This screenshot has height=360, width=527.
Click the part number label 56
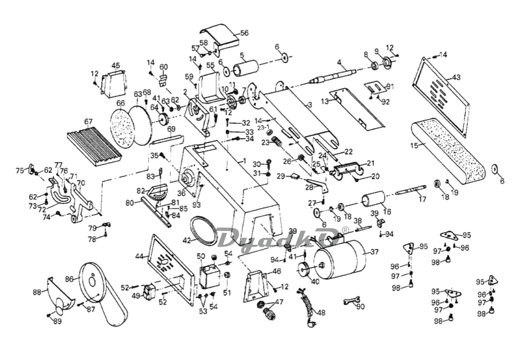tap(244, 33)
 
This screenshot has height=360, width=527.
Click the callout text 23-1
tap(263, 128)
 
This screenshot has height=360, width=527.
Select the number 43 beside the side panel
tap(456, 77)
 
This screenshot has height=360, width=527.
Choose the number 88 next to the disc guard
tap(36, 292)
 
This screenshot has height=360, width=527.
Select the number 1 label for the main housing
tap(245, 160)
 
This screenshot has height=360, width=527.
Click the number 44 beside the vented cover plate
tap(139, 256)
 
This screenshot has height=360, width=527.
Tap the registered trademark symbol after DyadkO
tap(345, 230)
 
